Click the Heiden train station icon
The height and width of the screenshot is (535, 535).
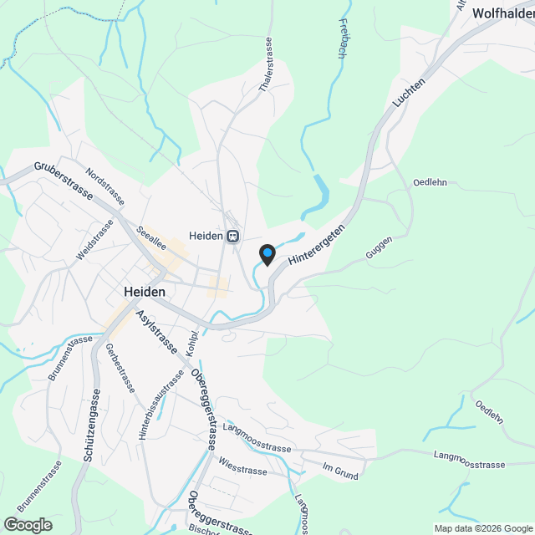click(232, 236)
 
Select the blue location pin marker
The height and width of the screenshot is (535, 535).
click(267, 254)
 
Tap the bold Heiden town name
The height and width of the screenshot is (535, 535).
click(144, 292)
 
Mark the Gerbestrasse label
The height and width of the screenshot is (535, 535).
click(120, 369)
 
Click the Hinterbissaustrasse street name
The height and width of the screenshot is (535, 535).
click(160, 405)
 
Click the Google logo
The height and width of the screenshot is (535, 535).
click(28, 524)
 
